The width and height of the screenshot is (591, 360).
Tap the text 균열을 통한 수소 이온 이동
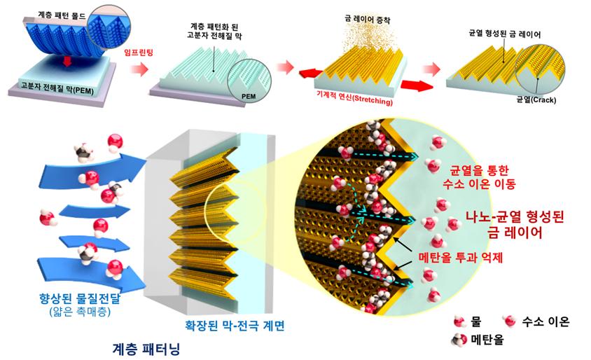click(x=478, y=176)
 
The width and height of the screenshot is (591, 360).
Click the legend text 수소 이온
click(x=547, y=321)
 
